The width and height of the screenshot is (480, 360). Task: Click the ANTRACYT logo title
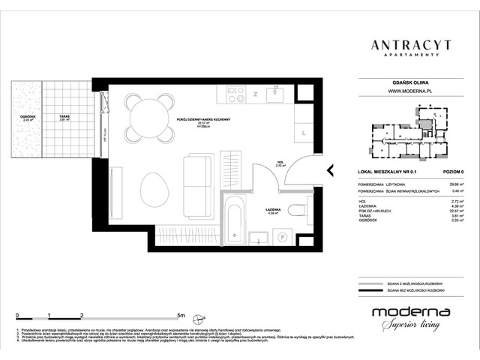click(x=410, y=45)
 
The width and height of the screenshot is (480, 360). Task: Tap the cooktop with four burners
click(x=235, y=94)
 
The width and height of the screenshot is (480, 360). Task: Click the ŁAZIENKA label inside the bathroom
click(x=273, y=211)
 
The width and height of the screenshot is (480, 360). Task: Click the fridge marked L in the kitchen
click(x=303, y=133)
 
